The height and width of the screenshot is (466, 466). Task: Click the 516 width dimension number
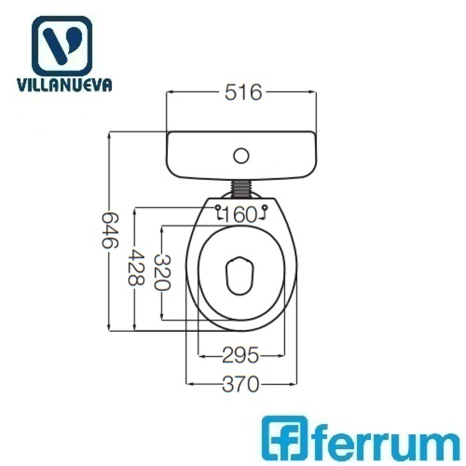click(243, 92)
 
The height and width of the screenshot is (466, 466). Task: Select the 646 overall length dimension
click(110, 230)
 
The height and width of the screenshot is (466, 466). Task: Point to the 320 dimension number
click(162, 273)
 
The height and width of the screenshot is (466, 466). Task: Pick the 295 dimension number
click(241, 355)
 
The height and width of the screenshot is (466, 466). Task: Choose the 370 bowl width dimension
click(241, 384)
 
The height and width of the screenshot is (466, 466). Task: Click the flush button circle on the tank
click(241, 156)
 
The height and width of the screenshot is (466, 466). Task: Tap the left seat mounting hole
click(218, 208)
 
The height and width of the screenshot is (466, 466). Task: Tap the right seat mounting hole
click(265, 208)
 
